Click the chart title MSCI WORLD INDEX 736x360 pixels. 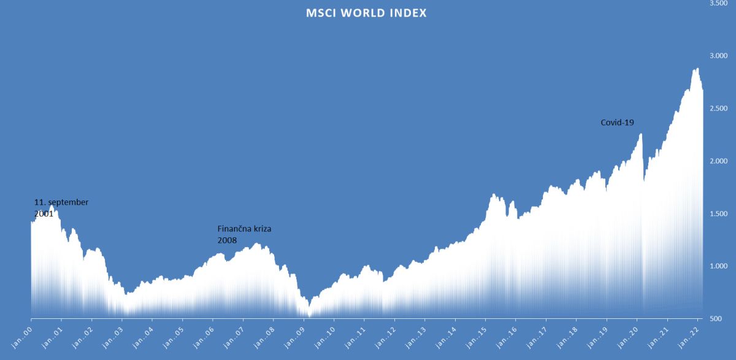tap(366, 12)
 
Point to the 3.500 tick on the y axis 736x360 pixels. tap(718, 4)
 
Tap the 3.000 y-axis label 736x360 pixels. tap(718, 56)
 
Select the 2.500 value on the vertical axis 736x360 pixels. tap(718, 109)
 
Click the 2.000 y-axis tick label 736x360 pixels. tap(718, 161)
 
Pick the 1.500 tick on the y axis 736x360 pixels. tap(718, 213)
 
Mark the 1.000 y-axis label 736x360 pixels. tap(718, 266)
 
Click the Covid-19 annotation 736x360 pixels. tap(617, 123)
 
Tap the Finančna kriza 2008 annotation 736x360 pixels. tap(244, 234)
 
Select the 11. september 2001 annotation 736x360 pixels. tap(61, 208)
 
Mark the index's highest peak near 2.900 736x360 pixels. tap(696, 69)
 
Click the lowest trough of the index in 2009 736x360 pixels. tap(309, 315)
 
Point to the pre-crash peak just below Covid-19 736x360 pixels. tap(640, 134)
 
